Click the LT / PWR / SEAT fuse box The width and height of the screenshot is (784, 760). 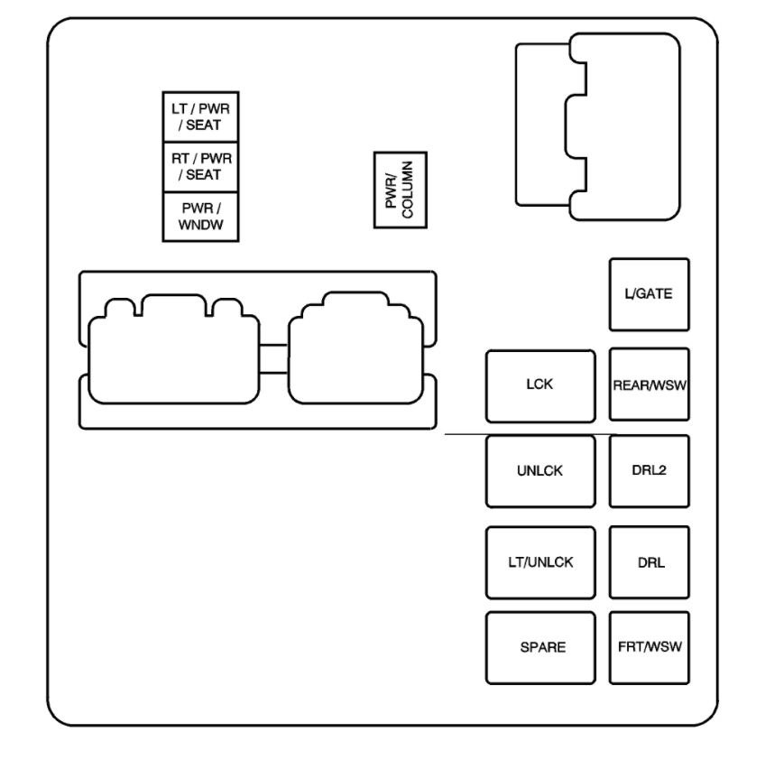[200, 116]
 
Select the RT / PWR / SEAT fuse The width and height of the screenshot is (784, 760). [200, 167]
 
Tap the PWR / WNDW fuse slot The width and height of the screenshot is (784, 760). [200, 217]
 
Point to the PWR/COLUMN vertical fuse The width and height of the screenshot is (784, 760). [400, 190]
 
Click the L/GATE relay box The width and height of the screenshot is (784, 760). [649, 294]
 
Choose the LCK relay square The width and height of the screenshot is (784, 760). [540, 385]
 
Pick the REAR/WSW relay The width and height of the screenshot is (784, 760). [649, 385]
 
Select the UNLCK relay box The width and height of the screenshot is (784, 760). [540, 471]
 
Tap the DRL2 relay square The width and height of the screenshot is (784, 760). [649, 471]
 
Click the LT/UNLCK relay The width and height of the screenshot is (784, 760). [540, 562]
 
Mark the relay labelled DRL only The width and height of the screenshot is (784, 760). [649, 561]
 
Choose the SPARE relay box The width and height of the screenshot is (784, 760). [540, 647]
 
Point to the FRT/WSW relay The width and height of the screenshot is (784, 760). [649, 647]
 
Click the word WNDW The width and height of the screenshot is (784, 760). [200, 225]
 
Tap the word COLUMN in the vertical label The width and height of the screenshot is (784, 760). [408, 190]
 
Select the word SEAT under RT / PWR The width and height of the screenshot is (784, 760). [204, 175]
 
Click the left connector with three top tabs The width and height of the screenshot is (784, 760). [173, 349]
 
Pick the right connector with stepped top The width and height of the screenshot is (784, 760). [355, 348]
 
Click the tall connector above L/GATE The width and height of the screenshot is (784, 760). [598, 127]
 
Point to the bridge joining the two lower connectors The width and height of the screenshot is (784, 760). [273, 358]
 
